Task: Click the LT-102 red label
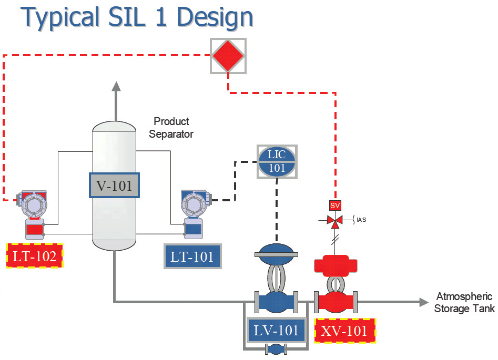tap(35, 256)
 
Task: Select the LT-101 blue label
tap(192, 256)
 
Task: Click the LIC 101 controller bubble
tap(277, 160)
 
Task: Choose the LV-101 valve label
tap(276, 331)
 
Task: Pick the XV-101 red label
tap(345, 331)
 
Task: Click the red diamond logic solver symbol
tap(228, 56)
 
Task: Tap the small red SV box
tap(335, 205)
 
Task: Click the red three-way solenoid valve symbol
tap(335, 220)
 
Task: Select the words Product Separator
tap(171, 128)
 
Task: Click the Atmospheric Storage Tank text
tap(464, 303)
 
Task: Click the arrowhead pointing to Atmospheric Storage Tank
tap(423, 302)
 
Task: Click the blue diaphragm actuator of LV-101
tap(276, 251)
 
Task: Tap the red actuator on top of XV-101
tap(335, 264)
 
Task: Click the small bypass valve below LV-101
tap(276, 348)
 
